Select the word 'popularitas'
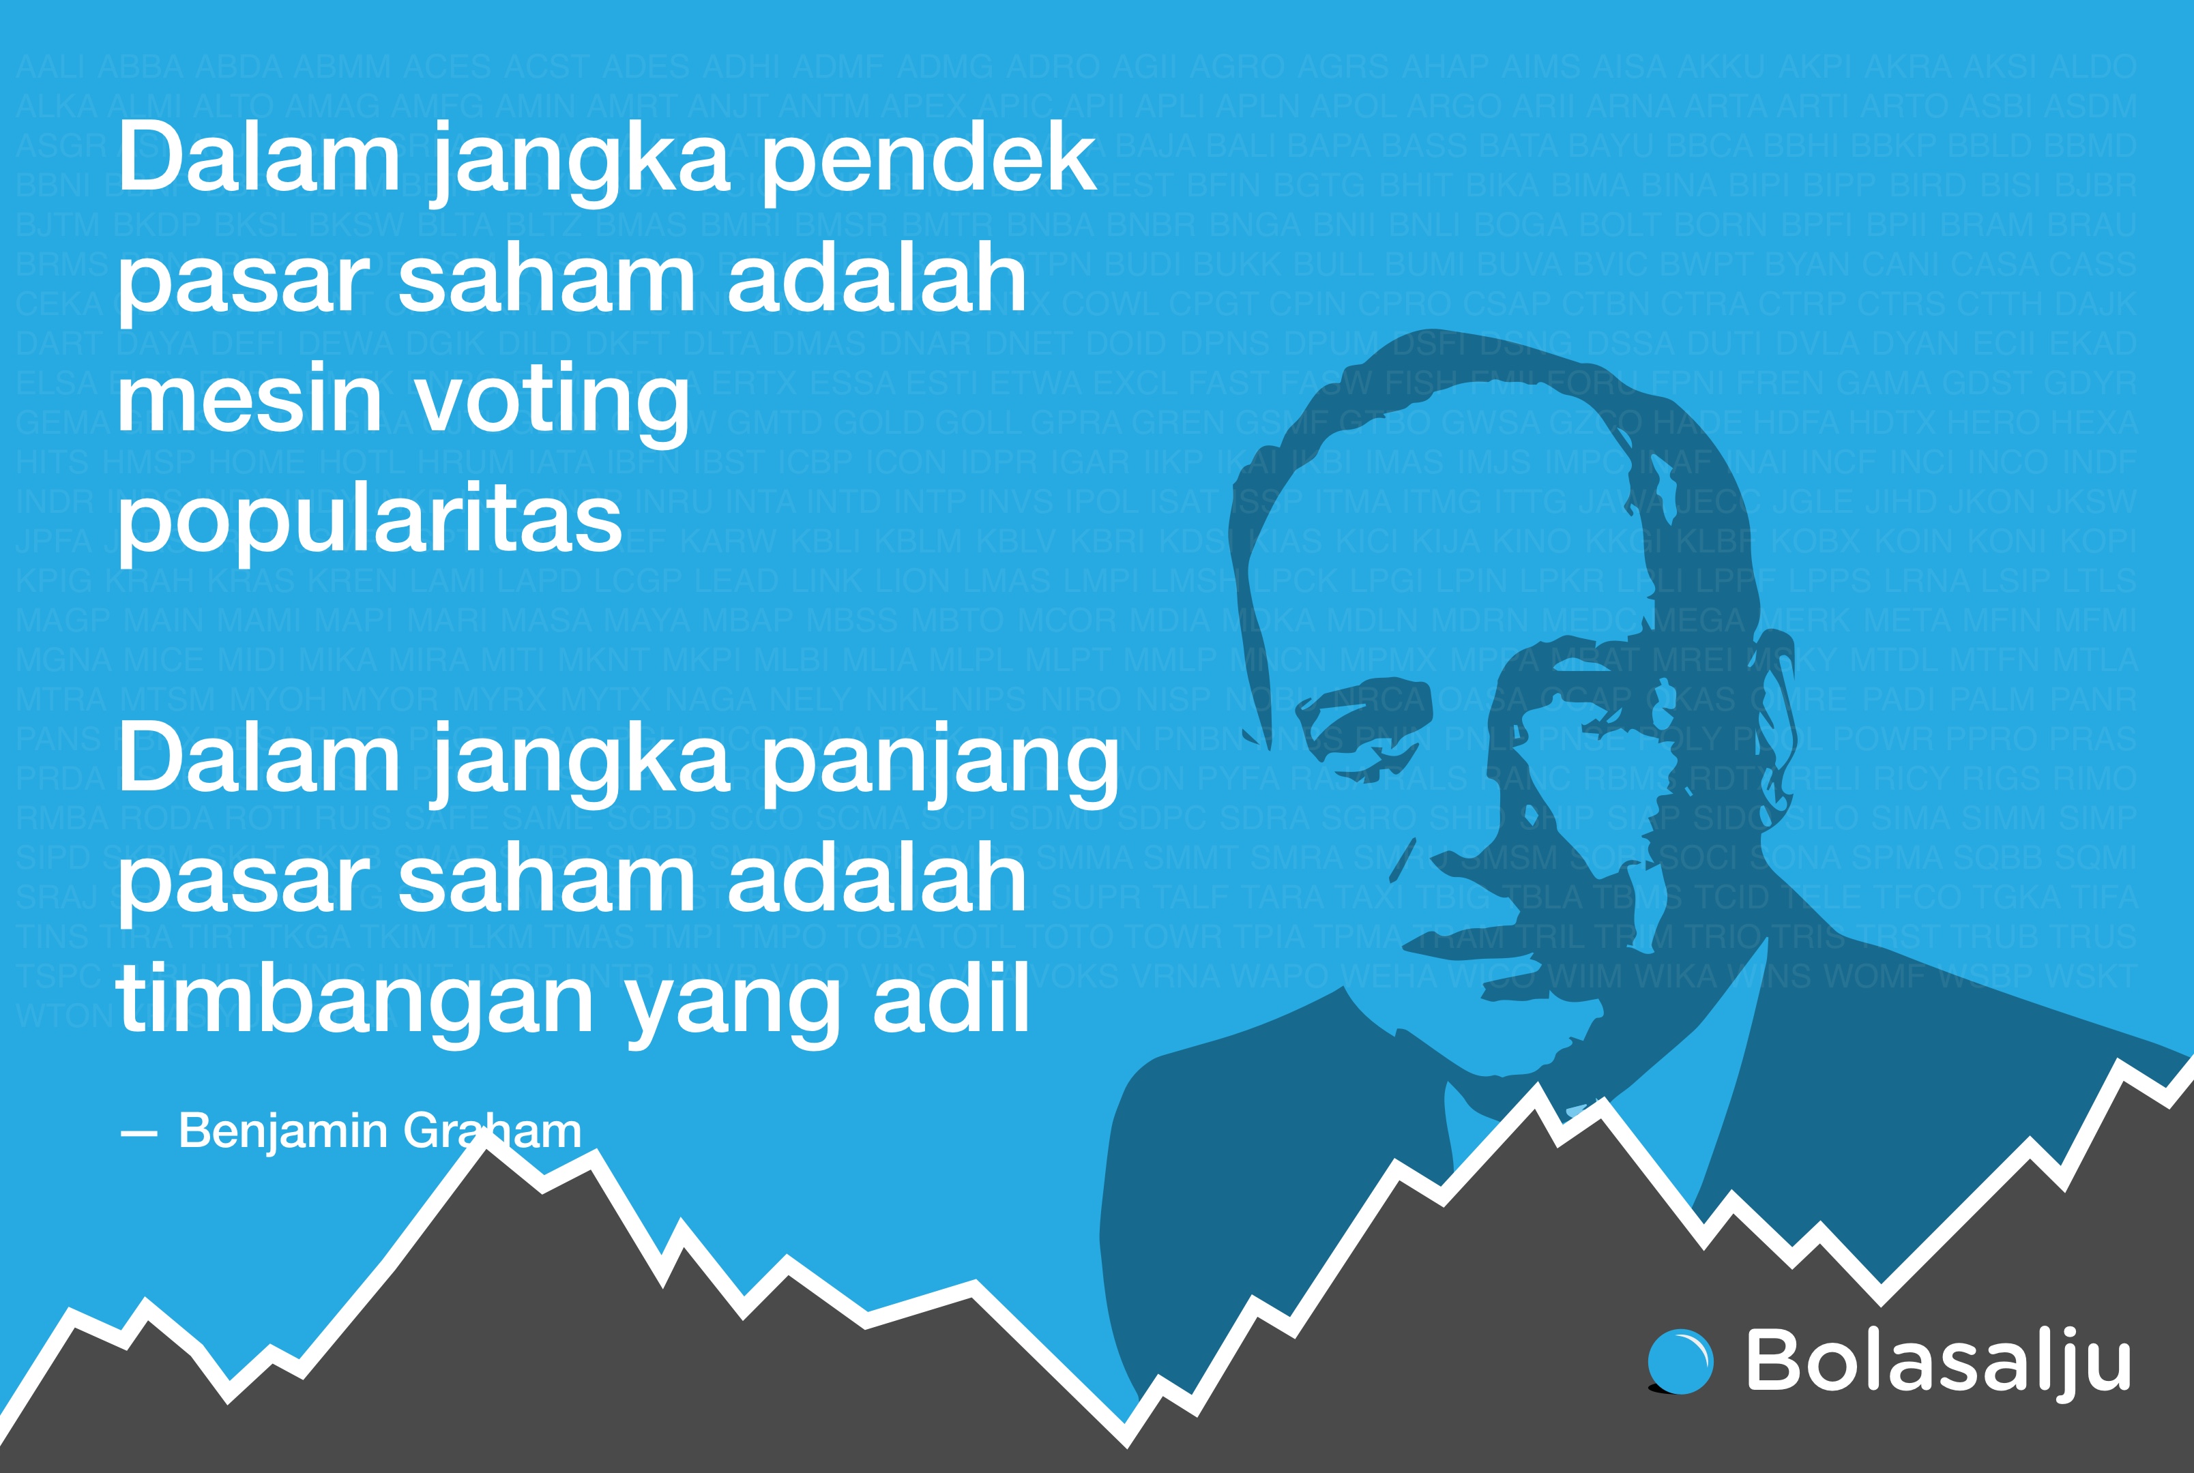tap(369, 522)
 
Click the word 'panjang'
tap(939, 763)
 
